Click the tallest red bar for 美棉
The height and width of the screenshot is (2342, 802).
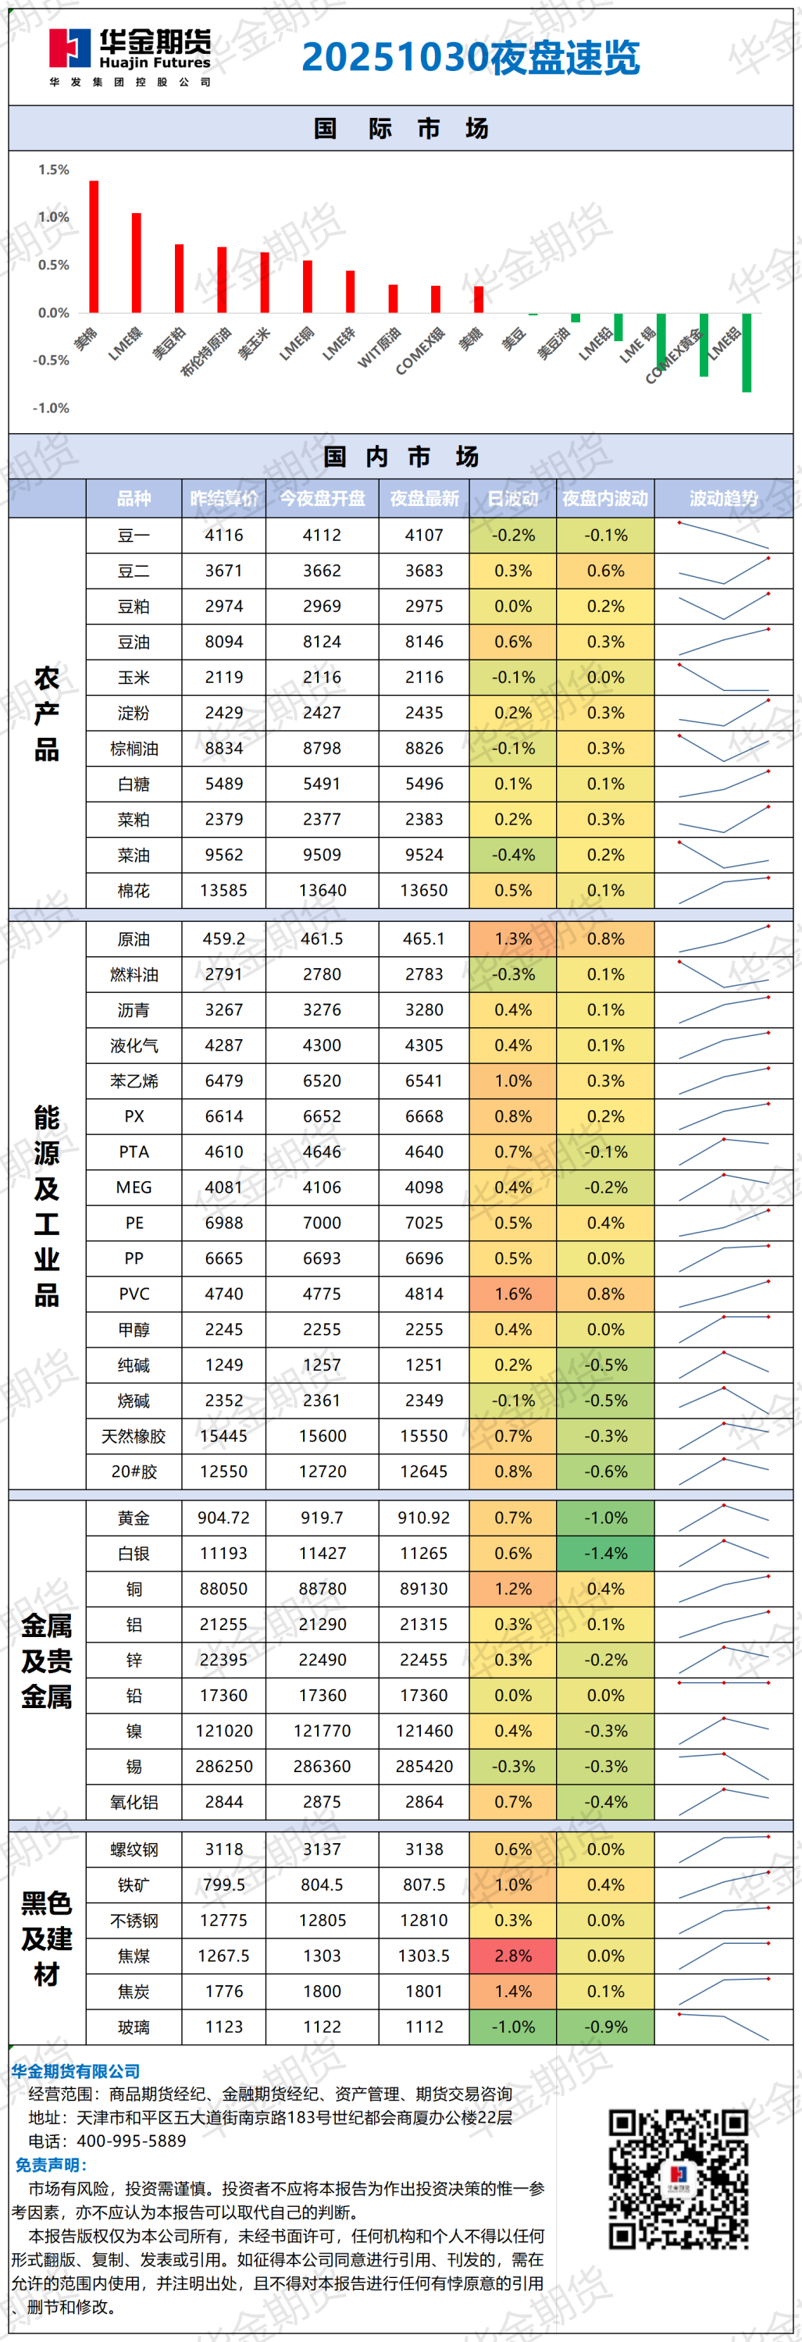94,247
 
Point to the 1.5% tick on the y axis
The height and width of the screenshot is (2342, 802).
54,170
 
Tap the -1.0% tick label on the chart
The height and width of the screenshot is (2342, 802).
52,408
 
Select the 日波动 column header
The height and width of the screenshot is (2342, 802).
513,498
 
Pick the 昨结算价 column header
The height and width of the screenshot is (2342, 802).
223,498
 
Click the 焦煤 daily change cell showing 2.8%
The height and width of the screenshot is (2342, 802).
513,1956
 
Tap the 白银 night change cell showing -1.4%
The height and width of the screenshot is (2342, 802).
605,1554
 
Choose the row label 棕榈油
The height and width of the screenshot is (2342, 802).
134,748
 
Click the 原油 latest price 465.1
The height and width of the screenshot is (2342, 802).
424,938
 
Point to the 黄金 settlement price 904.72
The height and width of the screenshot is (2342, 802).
223,1518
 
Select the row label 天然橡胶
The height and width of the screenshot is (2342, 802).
134,1436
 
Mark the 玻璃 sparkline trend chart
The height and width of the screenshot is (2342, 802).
724,2027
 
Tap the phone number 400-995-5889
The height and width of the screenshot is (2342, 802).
132,2141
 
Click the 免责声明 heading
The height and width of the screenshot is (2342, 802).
51,2165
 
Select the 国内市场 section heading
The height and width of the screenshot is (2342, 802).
401,457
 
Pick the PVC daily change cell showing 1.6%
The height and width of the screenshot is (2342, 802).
513,1294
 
